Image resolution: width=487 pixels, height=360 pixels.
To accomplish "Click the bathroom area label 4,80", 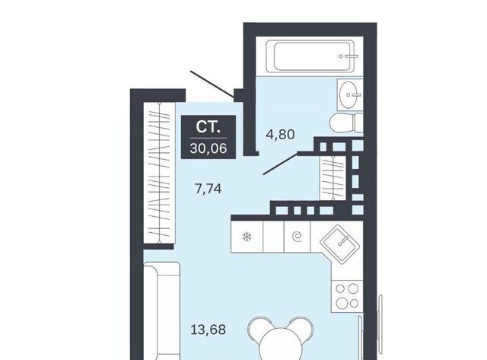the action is click(280, 135).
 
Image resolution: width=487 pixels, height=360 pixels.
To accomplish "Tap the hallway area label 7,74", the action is click(208, 189).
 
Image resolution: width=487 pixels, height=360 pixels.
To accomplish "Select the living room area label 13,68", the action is click(208, 330).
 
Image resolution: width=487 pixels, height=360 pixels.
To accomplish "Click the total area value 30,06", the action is click(208, 148).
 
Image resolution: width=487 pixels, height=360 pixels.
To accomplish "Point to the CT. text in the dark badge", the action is click(208, 127).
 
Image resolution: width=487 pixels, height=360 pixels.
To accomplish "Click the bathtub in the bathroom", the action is click(310, 56).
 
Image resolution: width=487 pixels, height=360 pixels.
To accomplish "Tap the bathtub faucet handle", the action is click(349, 56).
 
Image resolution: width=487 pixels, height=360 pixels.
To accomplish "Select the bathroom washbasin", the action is click(350, 94).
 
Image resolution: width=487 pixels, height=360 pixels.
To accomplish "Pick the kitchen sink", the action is click(340, 241).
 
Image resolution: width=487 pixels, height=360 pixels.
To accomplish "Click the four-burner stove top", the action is click(347, 296).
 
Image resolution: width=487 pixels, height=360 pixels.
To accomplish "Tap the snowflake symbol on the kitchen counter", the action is click(247, 237).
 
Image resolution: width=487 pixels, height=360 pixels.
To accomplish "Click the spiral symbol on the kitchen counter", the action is click(298, 237).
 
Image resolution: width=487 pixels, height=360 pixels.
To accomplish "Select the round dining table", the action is click(281, 345).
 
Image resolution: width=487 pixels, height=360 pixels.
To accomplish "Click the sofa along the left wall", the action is click(161, 311).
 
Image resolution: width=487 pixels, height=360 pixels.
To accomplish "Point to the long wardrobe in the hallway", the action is click(159, 173).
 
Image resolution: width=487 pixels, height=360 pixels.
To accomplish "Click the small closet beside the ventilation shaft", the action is click(333, 177).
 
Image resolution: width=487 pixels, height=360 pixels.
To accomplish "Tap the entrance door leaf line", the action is click(212, 83).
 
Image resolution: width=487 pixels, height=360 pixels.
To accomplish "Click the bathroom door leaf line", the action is click(281, 164).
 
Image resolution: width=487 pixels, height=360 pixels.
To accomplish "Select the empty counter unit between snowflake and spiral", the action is click(273, 237).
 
